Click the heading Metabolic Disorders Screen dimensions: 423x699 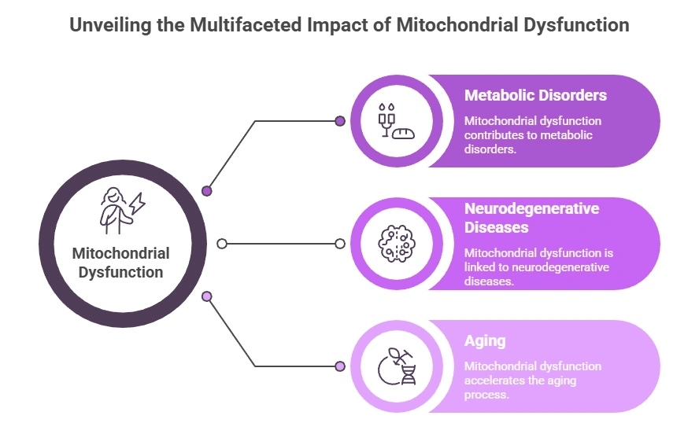tap(535, 95)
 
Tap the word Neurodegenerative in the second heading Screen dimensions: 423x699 tap(531, 208)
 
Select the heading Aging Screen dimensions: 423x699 tap(485, 341)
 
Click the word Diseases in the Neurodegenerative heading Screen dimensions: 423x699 tap(496, 227)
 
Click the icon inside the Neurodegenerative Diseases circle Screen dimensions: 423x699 tap(395, 243)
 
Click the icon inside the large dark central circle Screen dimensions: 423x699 tap(122, 208)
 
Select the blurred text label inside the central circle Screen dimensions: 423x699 tap(122, 263)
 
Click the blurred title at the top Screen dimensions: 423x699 tap(349, 24)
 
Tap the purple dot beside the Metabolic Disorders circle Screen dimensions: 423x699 tap(340, 121)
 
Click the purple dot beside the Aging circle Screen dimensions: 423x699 tap(340, 366)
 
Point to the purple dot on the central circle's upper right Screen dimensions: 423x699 tap(207, 191)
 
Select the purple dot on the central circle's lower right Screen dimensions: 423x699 tap(207, 296)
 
